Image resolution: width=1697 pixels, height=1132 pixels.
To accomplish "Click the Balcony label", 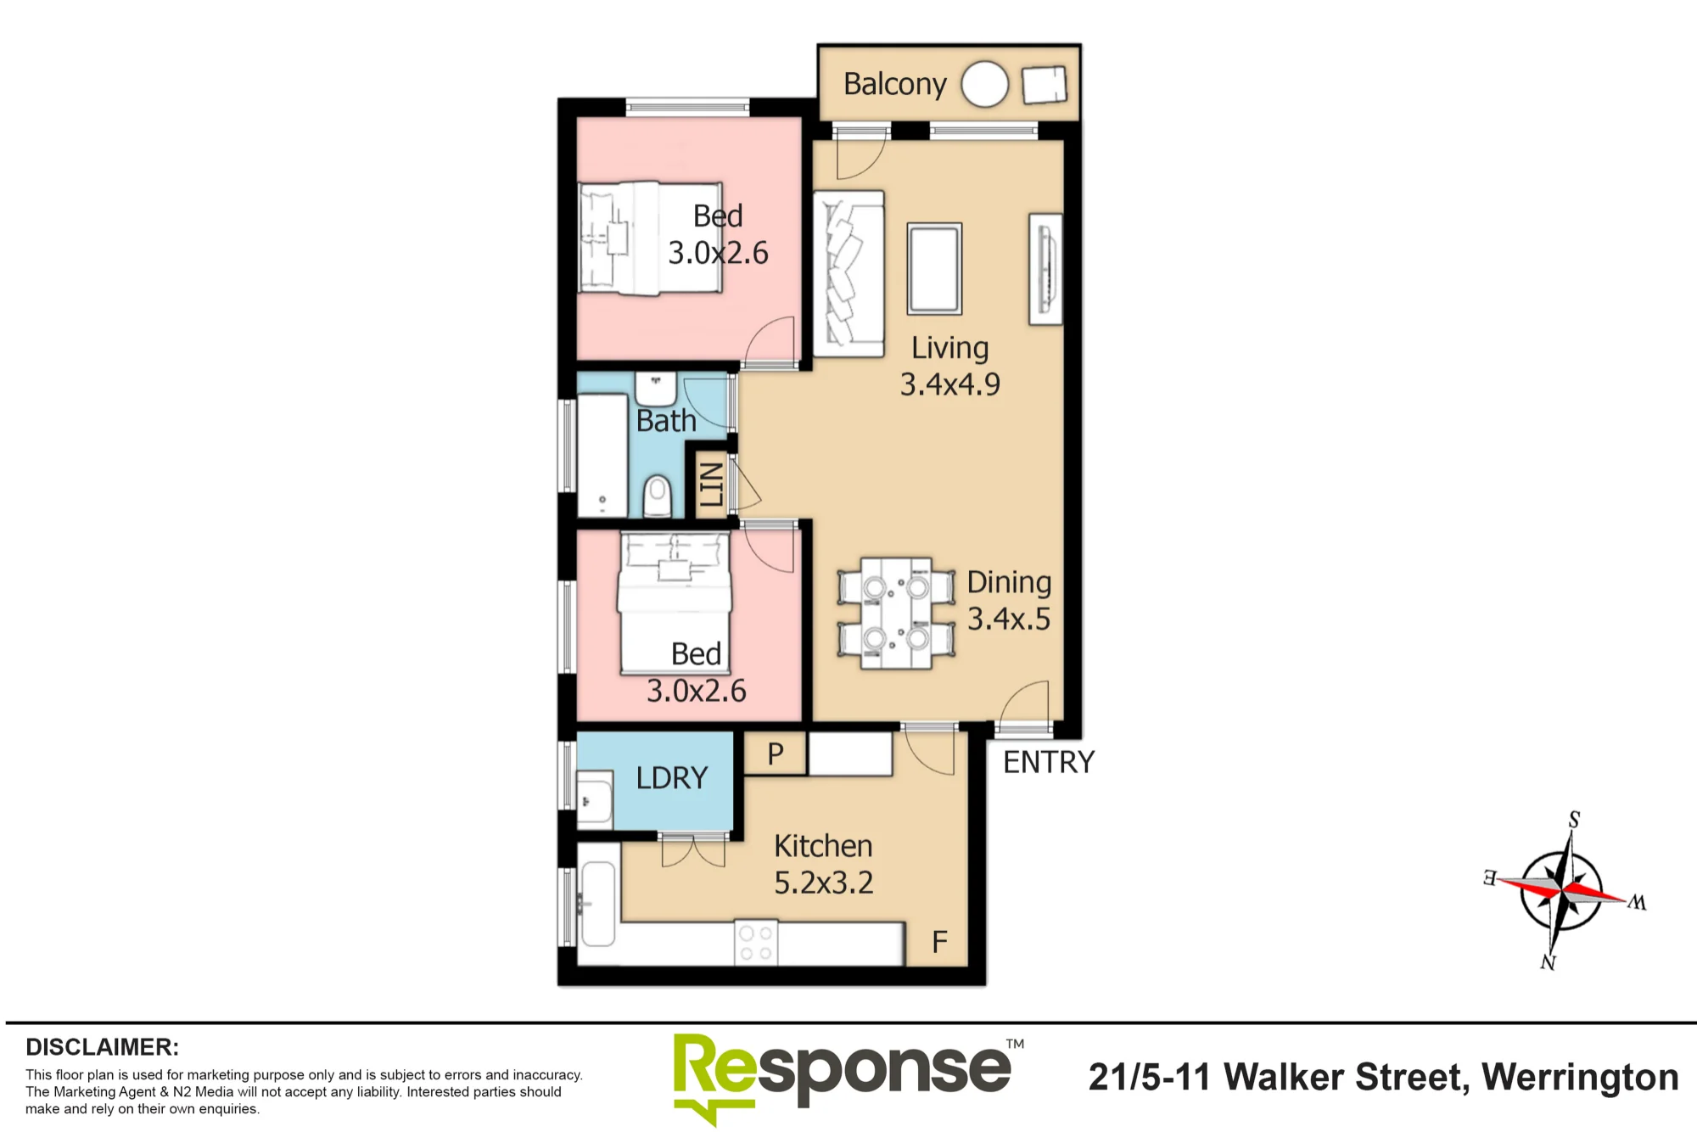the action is coord(894,85).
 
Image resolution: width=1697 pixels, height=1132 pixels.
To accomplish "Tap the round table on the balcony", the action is coord(985,84).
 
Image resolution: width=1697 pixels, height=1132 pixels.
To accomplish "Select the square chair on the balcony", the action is coord(1045,85).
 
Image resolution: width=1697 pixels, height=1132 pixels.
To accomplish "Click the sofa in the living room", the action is coord(848,273).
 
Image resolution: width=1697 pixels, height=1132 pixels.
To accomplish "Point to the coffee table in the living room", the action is coord(934,268).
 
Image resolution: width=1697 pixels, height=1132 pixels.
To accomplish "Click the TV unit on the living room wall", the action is coord(1045,269).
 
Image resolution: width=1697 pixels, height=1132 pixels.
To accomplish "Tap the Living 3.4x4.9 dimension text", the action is coord(950,366).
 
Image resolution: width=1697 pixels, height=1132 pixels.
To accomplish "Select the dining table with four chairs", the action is coord(896,613).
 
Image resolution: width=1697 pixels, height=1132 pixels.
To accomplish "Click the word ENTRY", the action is coord(1049,762).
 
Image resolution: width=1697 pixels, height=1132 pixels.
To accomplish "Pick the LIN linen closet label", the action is coord(710,484).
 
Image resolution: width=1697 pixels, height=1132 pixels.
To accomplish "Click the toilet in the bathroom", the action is coord(658,496).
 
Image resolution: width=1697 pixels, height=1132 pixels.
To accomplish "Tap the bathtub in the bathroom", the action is coord(602,456).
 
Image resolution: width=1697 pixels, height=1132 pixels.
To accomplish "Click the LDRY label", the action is coord(672,778).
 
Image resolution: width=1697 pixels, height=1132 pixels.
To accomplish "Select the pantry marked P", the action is coord(776,754).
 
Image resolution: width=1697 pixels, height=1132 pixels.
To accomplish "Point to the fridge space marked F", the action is coord(939,942).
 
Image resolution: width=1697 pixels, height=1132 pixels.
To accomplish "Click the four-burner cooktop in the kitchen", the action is coord(756,943).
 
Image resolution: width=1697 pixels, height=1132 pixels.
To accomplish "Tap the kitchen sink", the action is coord(598,904).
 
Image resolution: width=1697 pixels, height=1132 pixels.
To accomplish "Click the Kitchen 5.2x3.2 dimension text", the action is coord(823,864).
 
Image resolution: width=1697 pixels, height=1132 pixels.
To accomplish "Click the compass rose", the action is coord(1563,891).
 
